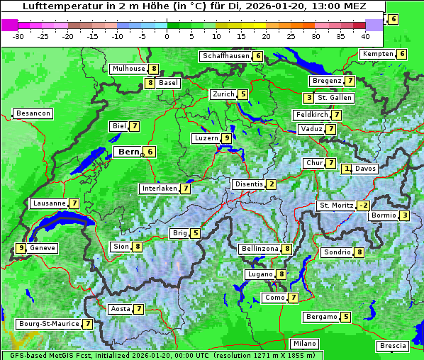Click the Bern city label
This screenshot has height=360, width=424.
[128, 152]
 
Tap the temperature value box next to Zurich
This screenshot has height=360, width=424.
[243, 94]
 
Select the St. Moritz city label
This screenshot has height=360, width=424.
[335, 206]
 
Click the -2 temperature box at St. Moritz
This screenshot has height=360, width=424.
[363, 206]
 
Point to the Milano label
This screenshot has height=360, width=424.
[305, 343]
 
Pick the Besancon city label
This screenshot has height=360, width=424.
[33, 113]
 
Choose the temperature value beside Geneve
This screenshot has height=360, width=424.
[21, 248]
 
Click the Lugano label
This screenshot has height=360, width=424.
[260, 274]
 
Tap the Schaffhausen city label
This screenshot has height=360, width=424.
[225, 56]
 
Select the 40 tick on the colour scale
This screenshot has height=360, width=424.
[365, 35]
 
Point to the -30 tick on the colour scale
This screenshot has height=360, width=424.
[18, 35]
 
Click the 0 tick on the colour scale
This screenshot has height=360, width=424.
[167, 35]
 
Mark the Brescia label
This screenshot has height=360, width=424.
[393, 346]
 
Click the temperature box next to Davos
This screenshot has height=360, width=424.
[347, 169]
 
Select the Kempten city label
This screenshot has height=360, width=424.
[377, 54]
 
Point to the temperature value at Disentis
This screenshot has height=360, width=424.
[272, 184]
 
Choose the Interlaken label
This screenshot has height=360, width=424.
[159, 189]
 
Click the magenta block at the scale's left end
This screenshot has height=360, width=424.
[9, 25]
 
